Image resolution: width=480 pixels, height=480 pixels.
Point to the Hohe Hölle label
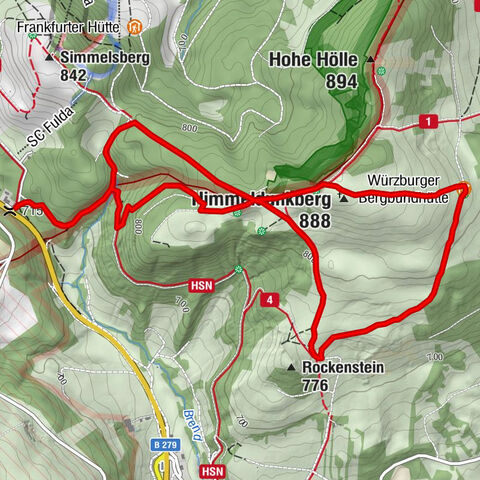pyautogui.click(x=313, y=60)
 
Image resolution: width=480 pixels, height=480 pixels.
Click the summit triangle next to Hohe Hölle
pyautogui.click(x=370, y=60)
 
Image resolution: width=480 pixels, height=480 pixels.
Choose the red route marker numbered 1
pyautogui.click(x=429, y=121)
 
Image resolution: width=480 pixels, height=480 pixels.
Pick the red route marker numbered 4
pyautogui.click(x=268, y=299)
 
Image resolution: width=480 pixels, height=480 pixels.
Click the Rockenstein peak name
pyautogui.click(x=343, y=367)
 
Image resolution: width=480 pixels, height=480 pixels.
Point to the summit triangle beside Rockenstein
pyautogui.click(x=290, y=367)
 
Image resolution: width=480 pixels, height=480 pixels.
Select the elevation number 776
pyautogui.click(x=316, y=385)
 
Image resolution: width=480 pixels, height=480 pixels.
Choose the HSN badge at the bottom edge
pyautogui.click(x=211, y=470)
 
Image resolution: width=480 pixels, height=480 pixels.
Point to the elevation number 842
pyautogui.click(x=74, y=75)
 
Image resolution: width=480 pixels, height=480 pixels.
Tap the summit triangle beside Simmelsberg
pyautogui.click(x=50, y=57)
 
